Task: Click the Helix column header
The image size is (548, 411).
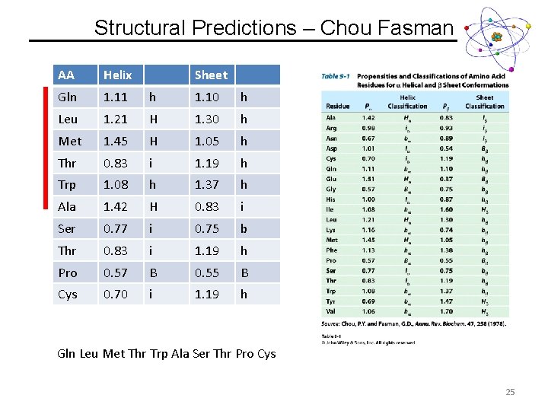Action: click(x=117, y=75)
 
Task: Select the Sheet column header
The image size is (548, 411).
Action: click(x=211, y=75)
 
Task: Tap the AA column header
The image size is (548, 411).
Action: click(x=66, y=75)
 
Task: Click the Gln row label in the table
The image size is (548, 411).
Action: click(x=67, y=97)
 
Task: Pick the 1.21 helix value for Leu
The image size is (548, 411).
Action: click(x=115, y=119)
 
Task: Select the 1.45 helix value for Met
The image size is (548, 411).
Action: click(x=115, y=141)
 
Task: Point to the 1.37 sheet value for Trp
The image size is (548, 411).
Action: click(x=206, y=184)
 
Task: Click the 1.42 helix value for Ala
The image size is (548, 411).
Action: click(x=115, y=206)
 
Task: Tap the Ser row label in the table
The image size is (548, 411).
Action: click(x=66, y=228)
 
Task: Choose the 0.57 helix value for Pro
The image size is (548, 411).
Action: click(x=115, y=272)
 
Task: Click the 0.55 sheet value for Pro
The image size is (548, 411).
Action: click(x=206, y=272)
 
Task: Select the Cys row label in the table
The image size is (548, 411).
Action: click(x=67, y=295)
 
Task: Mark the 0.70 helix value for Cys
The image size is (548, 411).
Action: click(x=115, y=295)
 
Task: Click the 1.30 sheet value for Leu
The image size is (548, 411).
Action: click(x=206, y=119)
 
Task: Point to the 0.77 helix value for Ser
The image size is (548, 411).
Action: click(x=115, y=228)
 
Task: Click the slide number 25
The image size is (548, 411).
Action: click(x=510, y=392)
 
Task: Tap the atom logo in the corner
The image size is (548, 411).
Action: click(x=497, y=36)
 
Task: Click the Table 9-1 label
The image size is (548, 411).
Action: click(x=335, y=76)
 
